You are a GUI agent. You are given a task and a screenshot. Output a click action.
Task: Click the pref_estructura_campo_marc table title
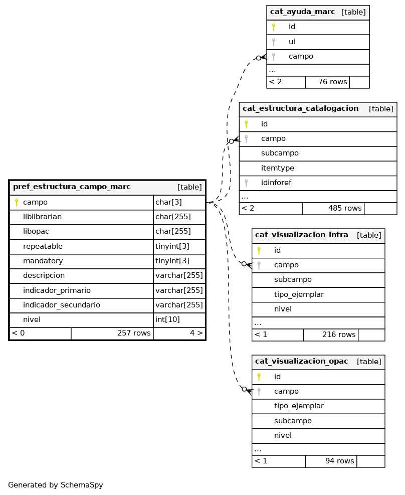point(72,187)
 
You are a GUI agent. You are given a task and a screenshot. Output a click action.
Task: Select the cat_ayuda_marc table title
point(302,12)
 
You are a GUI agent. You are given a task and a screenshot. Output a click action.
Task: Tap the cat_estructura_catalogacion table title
point(300,109)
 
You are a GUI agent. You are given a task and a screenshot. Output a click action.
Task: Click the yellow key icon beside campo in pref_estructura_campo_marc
point(17,203)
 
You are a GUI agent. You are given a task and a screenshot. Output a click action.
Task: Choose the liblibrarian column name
point(42,217)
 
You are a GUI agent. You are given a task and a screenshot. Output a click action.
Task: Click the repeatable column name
point(43,246)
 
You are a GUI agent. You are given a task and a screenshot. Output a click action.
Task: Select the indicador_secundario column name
point(61,305)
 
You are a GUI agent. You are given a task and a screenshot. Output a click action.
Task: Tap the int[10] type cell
point(167,319)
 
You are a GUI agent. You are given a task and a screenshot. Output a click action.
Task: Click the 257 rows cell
point(134,333)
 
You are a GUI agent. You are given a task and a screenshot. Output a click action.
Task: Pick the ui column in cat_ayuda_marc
point(292,42)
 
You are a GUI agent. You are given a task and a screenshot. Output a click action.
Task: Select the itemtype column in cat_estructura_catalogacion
point(277,168)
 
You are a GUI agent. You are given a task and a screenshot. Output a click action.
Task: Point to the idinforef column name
point(279,183)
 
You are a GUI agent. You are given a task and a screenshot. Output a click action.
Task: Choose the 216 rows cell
point(339,335)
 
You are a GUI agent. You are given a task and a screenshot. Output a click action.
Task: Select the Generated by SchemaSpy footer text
point(55,485)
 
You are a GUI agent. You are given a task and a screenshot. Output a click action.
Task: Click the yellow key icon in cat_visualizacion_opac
point(259,377)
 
